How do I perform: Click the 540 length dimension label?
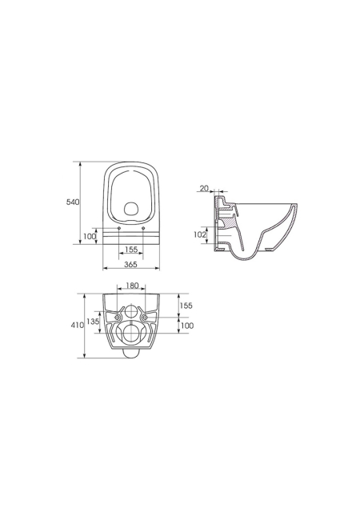point(73,202)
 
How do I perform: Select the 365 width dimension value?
point(131,265)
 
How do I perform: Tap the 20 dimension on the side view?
point(204,188)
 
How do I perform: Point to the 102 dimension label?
point(201,234)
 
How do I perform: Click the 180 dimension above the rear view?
point(132,286)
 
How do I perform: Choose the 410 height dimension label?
point(78,326)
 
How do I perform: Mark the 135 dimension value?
point(93,322)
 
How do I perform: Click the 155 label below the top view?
point(131,250)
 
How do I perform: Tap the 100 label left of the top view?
point(89,236)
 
